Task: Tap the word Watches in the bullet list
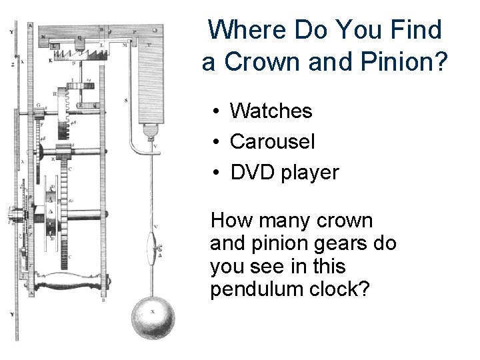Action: (271, 111)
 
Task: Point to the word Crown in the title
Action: (256, 63)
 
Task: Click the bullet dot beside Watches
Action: (217, 112)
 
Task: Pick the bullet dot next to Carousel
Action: (217, 143)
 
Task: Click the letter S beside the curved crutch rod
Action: (126, 101)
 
